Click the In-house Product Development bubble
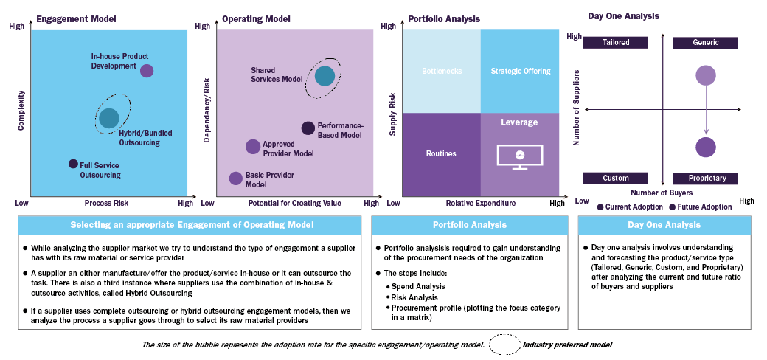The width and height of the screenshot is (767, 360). point(147,71)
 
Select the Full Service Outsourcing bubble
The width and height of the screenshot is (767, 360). point(73,164)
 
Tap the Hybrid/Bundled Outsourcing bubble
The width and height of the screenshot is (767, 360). point(109,117)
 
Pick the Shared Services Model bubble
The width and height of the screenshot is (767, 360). point(324,75)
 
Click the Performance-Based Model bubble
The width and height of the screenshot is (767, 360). point(308,128)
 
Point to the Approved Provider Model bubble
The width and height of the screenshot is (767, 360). point(253,147)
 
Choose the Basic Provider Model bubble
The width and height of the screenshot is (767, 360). point(235,178)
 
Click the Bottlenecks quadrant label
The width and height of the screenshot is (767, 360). point(442,72)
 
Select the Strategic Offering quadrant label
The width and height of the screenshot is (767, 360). point(521,72)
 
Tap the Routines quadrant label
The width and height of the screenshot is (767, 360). point(442,154)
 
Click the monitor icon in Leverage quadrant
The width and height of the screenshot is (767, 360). point(520,156)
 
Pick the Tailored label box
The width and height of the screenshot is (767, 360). point(617,43)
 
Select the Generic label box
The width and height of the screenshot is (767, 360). point(706,43)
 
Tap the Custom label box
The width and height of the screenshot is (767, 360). point(617,179)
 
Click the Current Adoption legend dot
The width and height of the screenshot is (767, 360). point(601,207)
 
